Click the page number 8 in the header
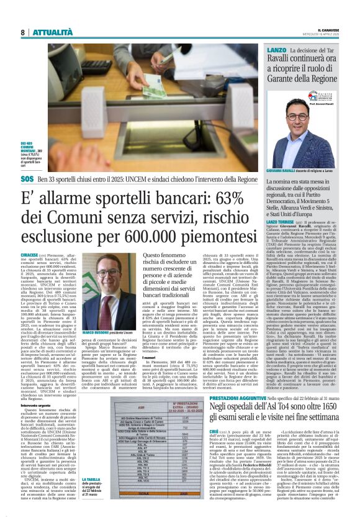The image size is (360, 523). click(x=23, y=32)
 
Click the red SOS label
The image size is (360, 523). click(x=27, y=178)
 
